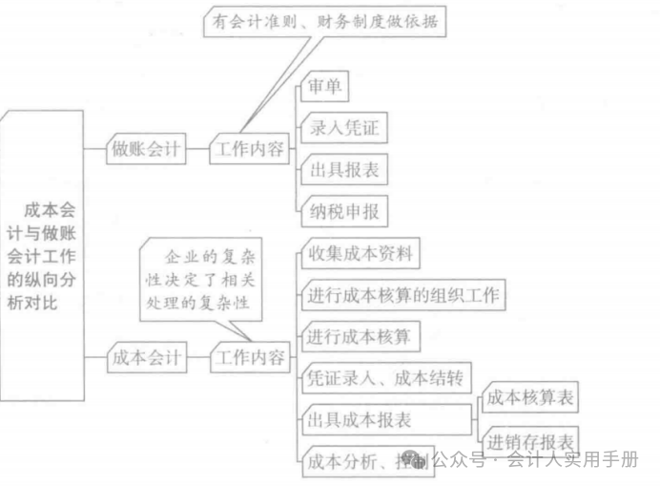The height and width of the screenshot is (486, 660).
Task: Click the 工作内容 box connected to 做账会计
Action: (248, 149)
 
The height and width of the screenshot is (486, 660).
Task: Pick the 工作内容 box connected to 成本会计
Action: (248, 358)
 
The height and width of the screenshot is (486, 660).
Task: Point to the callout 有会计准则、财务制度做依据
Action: (325, 22)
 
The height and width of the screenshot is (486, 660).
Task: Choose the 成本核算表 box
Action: (531, 399)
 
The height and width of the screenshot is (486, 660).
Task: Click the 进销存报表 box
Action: (531, 441)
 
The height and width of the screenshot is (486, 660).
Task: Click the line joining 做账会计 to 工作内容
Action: (196, 149)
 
